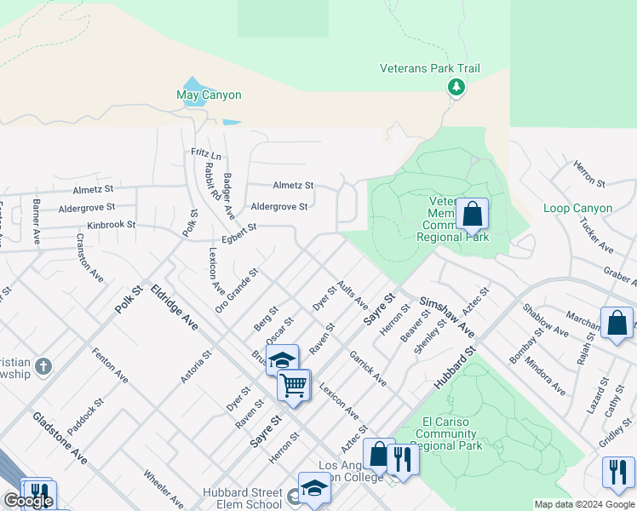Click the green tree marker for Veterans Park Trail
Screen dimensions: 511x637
pos(456,86)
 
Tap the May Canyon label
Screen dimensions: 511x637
pos(209,95)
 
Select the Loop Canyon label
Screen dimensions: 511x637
pos(577,209)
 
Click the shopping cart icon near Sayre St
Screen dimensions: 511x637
pos(294,385)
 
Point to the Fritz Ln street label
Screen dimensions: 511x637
pos(206,155)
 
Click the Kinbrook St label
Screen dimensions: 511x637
pos(111,225)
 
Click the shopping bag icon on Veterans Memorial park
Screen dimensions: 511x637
pos(472,215)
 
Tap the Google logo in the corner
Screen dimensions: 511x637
pos(28,501)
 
